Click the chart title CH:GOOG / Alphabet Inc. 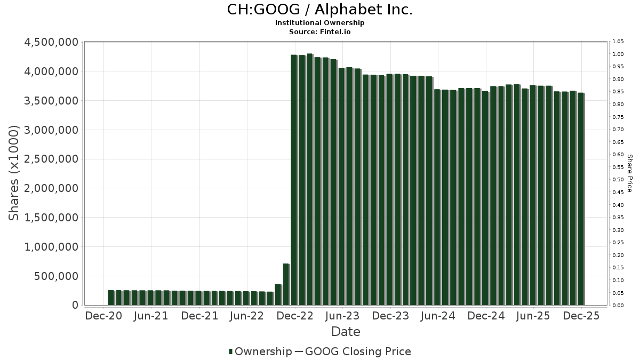click(319, 10)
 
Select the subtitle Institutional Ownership click(319, 23)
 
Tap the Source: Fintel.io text click(319, 31)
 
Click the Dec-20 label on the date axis click(103, 316)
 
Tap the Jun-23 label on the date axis click(342, 316)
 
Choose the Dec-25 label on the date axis click(581, 316)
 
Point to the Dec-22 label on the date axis click(294, 316)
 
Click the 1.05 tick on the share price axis click(618, 42)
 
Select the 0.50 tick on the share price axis click(618, 180)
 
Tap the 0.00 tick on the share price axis click(618, 306)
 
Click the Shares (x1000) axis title click(14, 173)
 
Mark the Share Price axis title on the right click(630, 173)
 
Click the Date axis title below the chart click(346, 332)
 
